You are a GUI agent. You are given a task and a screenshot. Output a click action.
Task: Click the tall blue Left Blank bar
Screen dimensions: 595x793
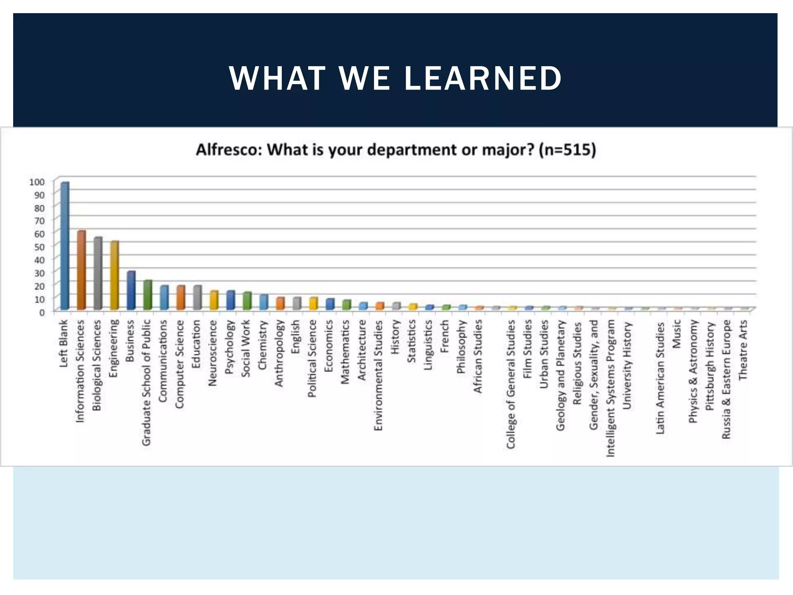point(65,246)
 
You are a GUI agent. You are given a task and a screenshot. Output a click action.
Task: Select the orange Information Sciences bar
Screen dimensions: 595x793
point(81,270)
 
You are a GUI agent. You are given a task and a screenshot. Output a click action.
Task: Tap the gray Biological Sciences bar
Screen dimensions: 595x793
point(98,273)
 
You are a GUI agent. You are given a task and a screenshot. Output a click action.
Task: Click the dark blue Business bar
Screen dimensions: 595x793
point(131,290)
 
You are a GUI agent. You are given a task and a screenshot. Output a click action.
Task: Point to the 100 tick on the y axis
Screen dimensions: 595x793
point(37,182)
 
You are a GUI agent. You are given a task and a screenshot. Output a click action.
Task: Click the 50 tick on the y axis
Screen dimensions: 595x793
point(39,246)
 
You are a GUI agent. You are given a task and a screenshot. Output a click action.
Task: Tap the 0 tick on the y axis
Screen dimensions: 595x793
point(42,312)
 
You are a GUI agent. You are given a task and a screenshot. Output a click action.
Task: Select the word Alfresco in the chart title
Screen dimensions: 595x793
point(227,150)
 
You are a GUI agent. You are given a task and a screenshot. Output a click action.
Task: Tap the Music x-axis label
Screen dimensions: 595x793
point(676,334)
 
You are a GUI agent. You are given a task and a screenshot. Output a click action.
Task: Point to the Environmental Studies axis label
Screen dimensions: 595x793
point(378,375)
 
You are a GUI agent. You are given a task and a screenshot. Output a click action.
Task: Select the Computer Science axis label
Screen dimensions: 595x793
point(179,364)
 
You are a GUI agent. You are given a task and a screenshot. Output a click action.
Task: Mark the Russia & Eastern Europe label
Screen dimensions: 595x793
point(726,379)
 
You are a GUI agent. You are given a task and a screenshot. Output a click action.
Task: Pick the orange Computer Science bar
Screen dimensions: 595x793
point(181,297)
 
